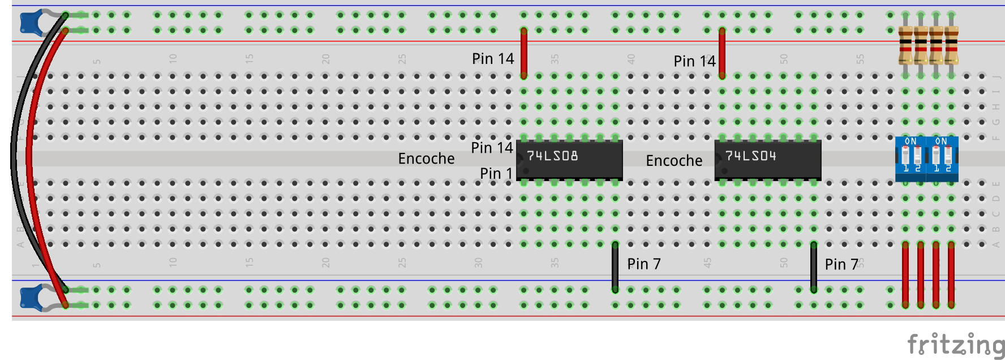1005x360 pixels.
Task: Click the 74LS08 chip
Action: point(569,160)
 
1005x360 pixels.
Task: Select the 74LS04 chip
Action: point(768,160)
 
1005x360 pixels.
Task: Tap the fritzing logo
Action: point(955,345)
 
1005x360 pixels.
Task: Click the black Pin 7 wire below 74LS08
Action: point(615,267)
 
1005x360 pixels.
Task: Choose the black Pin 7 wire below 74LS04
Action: point(814,267)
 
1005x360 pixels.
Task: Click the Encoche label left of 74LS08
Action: point(426,158)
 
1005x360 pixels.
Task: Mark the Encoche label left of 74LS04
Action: point(674,161)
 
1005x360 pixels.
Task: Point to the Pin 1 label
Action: point(496,173)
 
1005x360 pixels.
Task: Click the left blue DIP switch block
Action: point(911,158)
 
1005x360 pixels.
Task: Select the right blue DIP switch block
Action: point(942,158)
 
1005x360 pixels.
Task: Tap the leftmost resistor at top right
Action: point(905,45)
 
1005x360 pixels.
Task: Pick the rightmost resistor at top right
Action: point(951,45)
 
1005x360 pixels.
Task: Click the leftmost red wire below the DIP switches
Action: point(905,275)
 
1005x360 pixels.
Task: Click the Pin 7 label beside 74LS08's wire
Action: point(643,264)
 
